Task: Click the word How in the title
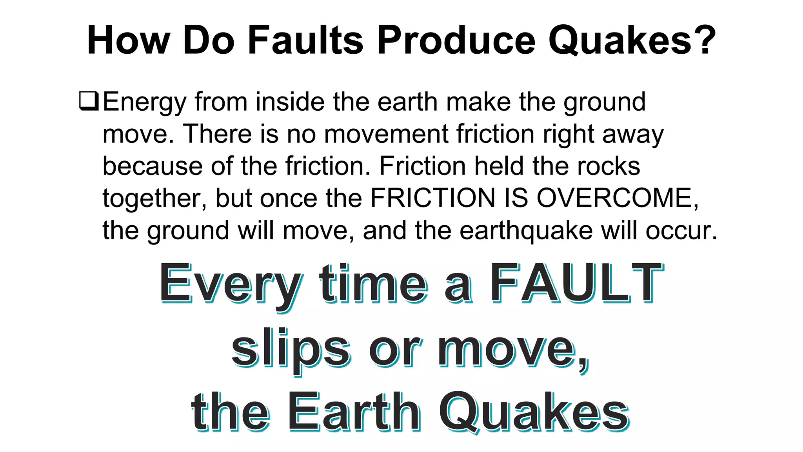(128, 40)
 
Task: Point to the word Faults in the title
(305, 40)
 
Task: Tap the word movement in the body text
(386, 134)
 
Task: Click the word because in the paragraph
(153, 166)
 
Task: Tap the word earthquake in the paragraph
(526, 231)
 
